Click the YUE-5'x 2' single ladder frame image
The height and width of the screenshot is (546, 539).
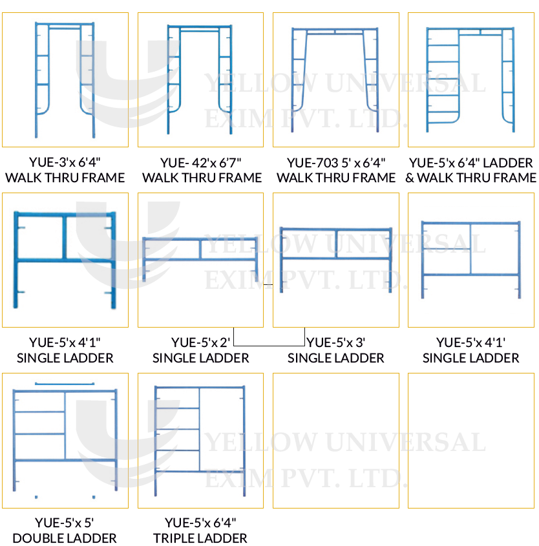click(200, 259)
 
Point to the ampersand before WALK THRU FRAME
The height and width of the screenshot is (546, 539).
click(410, 178)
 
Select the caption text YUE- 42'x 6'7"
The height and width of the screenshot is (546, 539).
click(200, 163)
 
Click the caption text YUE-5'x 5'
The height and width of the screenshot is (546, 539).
click(65, 523)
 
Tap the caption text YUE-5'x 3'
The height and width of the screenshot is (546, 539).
click(335, 342)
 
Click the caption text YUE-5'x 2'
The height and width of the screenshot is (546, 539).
click(200, 342)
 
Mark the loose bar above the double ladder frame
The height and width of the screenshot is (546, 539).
click(65, 384)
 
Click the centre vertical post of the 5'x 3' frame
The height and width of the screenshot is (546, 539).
click(336, 244)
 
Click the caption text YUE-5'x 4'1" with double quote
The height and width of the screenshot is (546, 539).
click(65, 342)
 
